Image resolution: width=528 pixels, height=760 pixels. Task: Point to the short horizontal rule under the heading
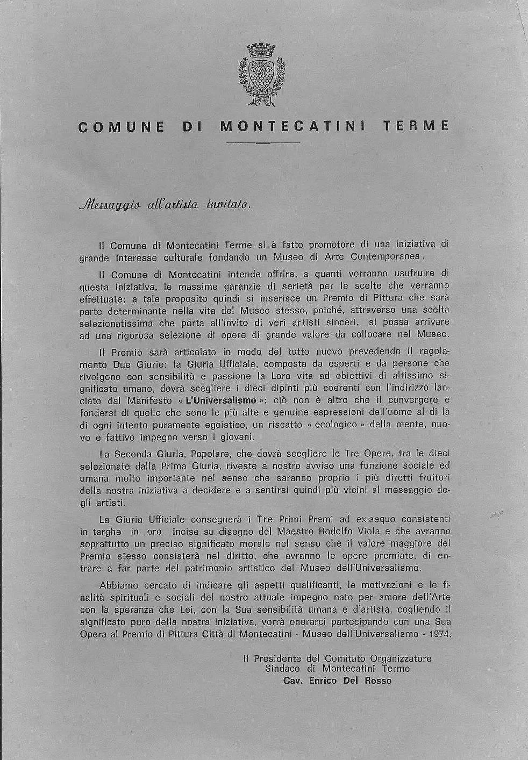pyautogui.click(x=263, y=143)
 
